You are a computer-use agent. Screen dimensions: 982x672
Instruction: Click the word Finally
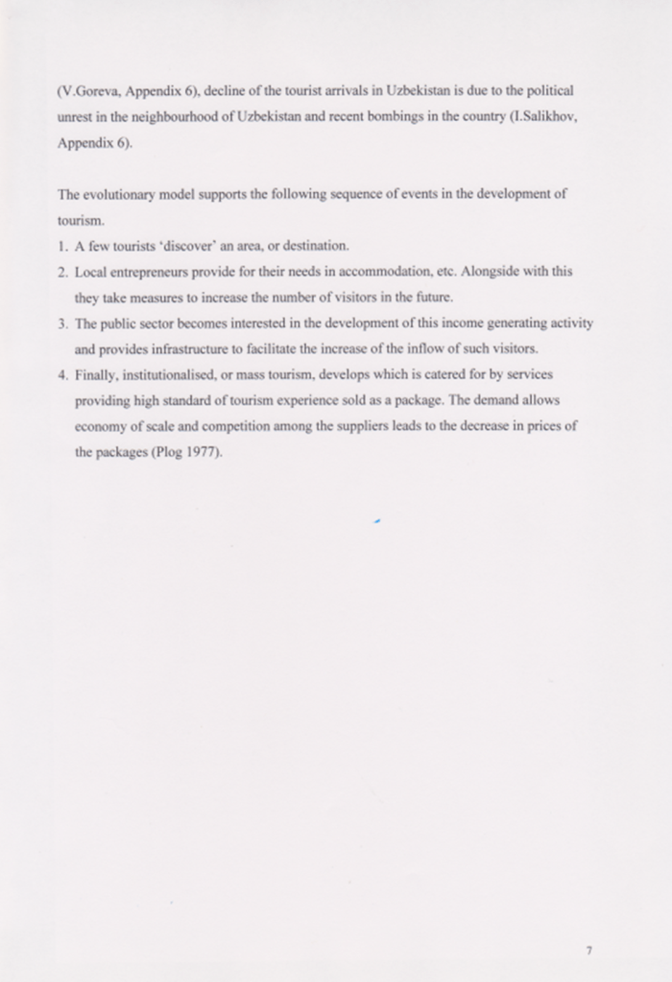point(94,373)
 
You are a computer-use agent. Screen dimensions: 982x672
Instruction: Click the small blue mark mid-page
point(378,522)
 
